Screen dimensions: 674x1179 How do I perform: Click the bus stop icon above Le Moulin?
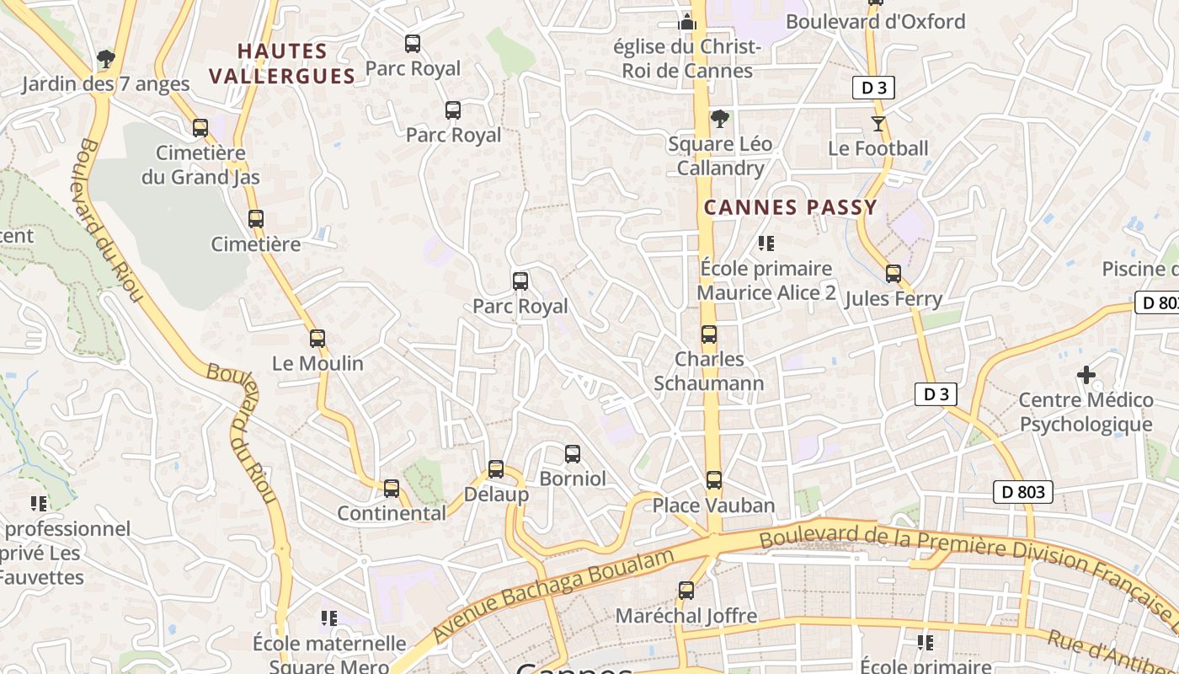click(x=317, y=339)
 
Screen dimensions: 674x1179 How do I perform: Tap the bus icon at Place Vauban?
click(x=714, y=480)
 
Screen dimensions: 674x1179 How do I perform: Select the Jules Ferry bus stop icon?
click(x=894, y=274)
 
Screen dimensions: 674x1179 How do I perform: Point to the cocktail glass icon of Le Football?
click(x=878, y=124)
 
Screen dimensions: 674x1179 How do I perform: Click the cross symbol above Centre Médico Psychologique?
click(x=1086, y=375)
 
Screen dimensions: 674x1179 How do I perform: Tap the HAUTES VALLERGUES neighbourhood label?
click(x=281, y=64)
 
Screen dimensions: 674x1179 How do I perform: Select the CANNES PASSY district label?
click(x=790, y=207)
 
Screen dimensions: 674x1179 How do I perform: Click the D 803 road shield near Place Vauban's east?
click(x=1023, y=492)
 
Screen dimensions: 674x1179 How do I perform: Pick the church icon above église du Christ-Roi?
click(x=688, y=23)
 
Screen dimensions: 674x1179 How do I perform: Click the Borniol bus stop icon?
click(x=573, y=454)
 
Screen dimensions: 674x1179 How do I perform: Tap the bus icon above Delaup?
click(x=496, y=469)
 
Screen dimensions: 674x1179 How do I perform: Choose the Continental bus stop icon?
click(x=392, y=489)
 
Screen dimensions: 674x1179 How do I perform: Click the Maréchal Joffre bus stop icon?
click(x=686, y=591)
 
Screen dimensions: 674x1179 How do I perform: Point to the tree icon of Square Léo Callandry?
click(x=719, y=119)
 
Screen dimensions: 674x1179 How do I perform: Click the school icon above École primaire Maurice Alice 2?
click(x=766, y=243)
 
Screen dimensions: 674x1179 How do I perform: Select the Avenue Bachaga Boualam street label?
click(x=554, y=595)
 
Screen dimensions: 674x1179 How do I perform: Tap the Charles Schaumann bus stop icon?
click(x=709, y=334)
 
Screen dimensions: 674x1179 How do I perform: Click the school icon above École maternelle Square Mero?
click(x=329, y=618)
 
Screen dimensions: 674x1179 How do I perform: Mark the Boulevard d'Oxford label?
click(x=875, y=22)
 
